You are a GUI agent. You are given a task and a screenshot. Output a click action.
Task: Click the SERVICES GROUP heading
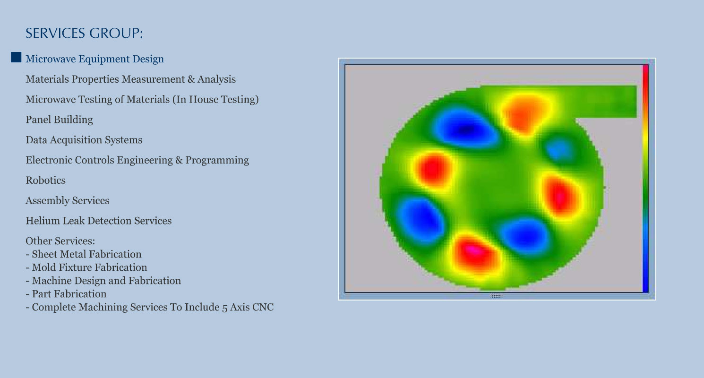84,33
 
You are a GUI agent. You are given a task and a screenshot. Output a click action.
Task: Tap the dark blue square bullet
16,57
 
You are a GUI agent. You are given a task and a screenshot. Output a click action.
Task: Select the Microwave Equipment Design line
94,59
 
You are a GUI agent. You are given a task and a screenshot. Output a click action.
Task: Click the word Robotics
45,180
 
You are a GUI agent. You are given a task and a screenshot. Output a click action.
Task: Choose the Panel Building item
59,120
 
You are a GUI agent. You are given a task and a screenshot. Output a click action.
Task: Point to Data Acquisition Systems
84,140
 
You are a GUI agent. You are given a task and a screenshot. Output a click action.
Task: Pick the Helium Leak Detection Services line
99,221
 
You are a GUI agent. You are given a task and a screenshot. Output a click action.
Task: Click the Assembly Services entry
68,200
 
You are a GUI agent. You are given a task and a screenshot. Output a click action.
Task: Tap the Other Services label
60,241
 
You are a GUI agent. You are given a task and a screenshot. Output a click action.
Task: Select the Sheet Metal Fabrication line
84,254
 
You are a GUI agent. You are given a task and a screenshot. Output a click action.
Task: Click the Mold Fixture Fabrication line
86,267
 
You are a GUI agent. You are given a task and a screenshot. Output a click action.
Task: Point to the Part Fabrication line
66,294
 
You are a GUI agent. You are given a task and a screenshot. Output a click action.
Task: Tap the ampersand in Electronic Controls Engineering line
179,160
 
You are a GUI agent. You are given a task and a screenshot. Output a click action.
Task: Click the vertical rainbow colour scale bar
645,179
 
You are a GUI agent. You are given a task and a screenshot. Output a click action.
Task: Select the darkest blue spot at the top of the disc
466,129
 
